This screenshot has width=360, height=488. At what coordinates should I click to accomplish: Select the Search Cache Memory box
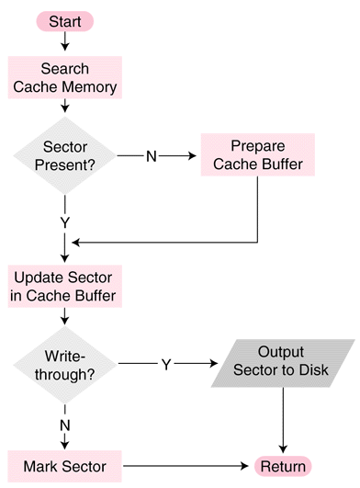pyautogui.click(x=64, y=78)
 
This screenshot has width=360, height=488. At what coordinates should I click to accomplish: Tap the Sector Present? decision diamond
pyautogui.click(x=64, y=154)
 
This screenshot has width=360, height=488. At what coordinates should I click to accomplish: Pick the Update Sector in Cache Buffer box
pyautogui.click(x=64, y=287)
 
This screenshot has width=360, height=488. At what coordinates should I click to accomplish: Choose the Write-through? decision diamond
pyautogui.click(x=64, y=364)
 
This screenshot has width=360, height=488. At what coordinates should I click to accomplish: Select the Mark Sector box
pyautogui.click(x=64, y=466)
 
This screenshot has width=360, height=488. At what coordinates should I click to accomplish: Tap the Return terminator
pyautogui.click(x=283, y=466)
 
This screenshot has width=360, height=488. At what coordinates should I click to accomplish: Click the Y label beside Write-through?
pyautogui.click(x=166, y=364)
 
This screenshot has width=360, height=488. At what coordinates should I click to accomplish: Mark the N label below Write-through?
pyautogui.click(x=64, y=426)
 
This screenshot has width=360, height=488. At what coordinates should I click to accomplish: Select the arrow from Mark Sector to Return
pyautogui.click(x=184, y=466)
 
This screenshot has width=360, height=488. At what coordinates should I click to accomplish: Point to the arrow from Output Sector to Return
pyautogui.click(x=283, y=418)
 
